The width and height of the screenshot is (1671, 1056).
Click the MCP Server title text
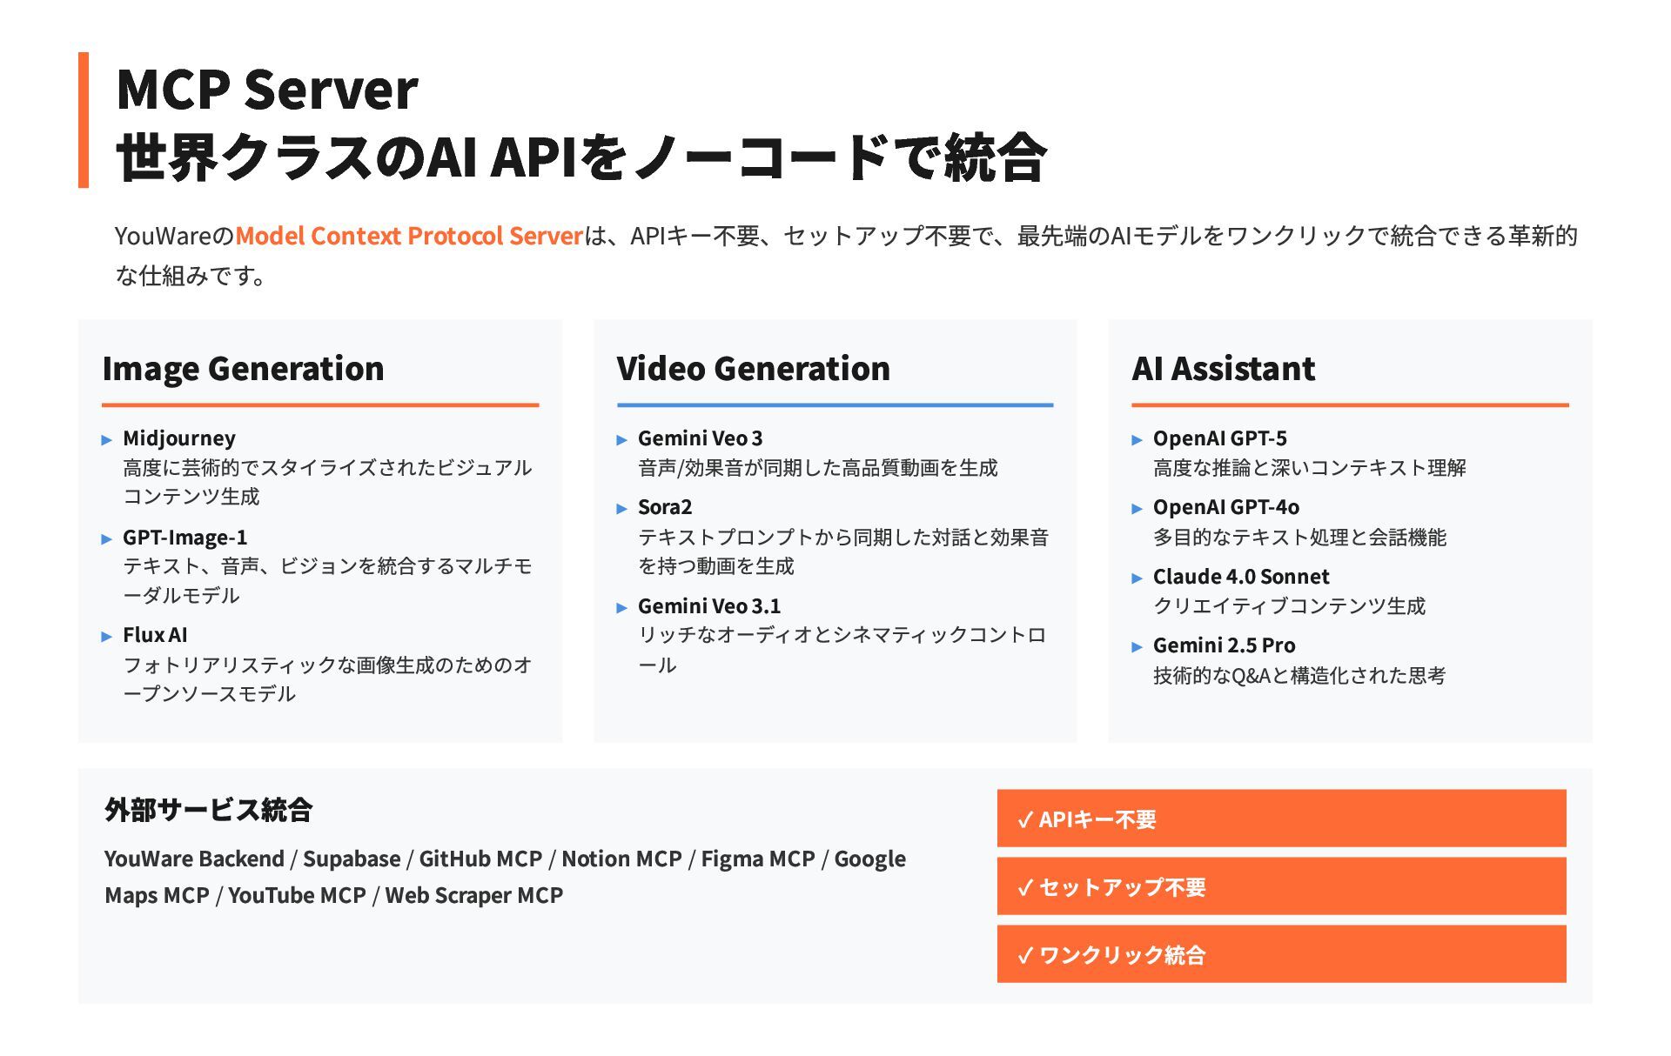pos(266,90)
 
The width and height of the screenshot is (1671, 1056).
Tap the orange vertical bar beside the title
pos(84,120)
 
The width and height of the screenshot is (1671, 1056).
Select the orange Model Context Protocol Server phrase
pos(408,236)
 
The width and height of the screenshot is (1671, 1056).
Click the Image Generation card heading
pos(243,369)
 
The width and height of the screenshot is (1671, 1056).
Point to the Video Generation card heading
pos(753,369)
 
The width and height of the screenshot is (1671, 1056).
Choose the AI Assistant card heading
pos(1223,369)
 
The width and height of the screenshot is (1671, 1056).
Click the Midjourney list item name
pos(179,438)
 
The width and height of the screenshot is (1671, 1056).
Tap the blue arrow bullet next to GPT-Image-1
pos(107,539)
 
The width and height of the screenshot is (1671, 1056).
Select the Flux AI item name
pos(155,635)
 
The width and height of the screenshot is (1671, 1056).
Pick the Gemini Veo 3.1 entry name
pos(709,606)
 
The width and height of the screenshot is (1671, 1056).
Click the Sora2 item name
pos(665,507)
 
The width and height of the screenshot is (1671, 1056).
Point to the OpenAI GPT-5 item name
pos(1219,438)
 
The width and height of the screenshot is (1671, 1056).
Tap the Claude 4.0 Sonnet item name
pos(1241,577)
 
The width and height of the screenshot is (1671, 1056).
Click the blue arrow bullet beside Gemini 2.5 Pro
pos(1137,647)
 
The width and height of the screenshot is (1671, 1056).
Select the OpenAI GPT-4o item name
pos(1225,507)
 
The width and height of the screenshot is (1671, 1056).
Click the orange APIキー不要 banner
pos(1281,819)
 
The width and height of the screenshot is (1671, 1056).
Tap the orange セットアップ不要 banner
pos(1281,886)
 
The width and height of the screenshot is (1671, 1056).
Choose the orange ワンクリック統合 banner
pos(1281,954)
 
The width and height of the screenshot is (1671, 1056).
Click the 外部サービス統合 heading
pos(208,810)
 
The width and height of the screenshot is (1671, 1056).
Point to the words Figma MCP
pos(757,859)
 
